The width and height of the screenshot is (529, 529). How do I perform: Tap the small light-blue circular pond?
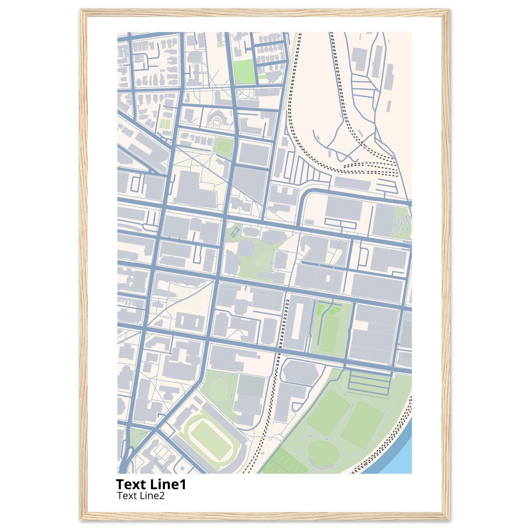tap(182, 469)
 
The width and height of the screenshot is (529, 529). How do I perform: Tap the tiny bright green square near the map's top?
tap(219, 45)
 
